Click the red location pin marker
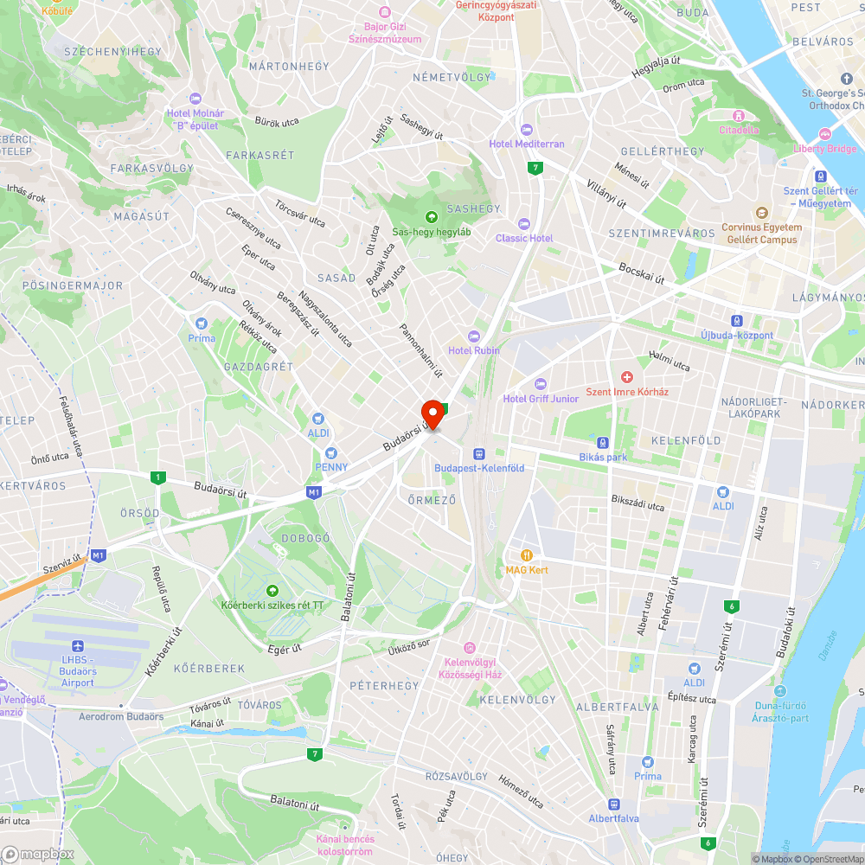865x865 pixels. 432,413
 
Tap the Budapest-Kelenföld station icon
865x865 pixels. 477,453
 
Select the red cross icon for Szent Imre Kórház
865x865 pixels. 627,377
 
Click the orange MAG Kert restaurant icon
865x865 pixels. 526,555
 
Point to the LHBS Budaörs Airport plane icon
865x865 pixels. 79,646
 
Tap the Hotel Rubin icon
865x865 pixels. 473,336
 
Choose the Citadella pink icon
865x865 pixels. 739,116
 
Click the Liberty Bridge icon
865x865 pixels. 824,134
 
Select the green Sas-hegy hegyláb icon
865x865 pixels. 432,217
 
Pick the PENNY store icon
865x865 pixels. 330,453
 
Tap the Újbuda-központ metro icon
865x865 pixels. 737,321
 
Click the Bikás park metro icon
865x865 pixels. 602,443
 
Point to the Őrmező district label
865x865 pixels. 431,500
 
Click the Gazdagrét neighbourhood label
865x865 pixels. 258,367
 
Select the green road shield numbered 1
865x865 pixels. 157,477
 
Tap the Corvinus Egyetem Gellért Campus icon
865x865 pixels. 761,213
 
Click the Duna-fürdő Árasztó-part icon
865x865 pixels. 780,691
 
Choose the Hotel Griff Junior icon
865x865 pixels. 541,384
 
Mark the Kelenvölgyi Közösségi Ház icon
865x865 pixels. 470,648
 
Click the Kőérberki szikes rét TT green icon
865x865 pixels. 272,590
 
